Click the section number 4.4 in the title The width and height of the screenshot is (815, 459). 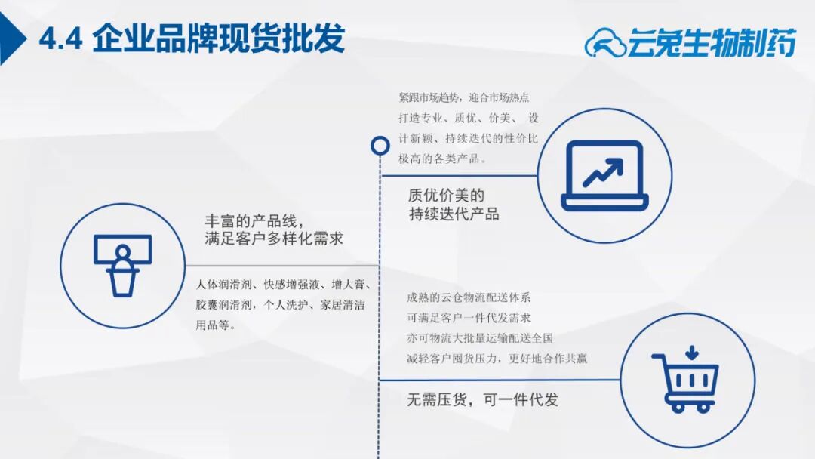point(60,39)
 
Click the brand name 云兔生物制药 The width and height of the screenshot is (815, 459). point(712,42)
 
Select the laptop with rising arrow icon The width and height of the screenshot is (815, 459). point(604,176)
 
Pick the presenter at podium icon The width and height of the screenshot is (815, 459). point(123,265)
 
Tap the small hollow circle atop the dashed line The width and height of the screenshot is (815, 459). point(380,146)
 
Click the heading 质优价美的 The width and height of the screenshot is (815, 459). point(446,196)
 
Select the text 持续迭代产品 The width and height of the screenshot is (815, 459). point(454,214)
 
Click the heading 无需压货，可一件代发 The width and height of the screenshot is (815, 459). point(482,399)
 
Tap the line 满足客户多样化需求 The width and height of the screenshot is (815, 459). point(274,239)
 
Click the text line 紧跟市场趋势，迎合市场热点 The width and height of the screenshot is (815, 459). point(463,97)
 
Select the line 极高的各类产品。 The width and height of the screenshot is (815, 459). point(442,159)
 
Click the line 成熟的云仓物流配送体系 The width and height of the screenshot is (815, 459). point(469,297)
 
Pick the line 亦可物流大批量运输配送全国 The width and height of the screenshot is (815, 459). point(480,338)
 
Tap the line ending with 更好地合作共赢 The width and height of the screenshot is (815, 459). point(497,358)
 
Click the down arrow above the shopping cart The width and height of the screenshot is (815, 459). point(691,353)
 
